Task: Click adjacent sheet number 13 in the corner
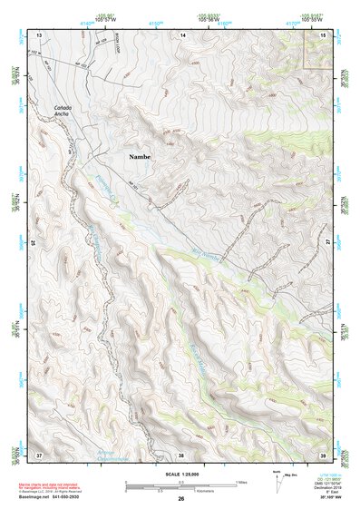pyautogui.click(x=39, y=34)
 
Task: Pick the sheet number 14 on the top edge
pyautogui.click(x=182, y=34)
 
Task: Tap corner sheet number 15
pyautogui.click(x=323, y=34)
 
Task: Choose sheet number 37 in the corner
pyautogui.click(x=39, y=454)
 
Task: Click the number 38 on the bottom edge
pyautogui.click(x=181, y=454)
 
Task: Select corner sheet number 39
pyautogui.click(x=324, y=454)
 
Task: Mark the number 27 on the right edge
pyautogui.click(x=327, y=243)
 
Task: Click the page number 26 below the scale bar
pyautogui.click(x=181, y=498)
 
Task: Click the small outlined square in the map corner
pyautogui.click(x=316, y=54)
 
